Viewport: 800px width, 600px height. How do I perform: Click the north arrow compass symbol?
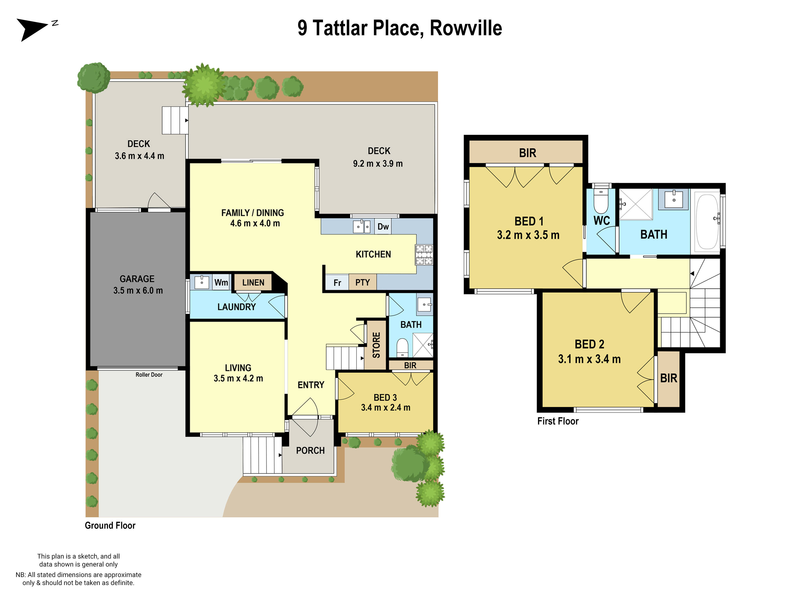33,29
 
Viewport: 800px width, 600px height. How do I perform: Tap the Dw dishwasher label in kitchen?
383,227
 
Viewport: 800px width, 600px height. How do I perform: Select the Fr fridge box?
337,282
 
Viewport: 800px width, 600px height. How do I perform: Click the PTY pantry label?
362,282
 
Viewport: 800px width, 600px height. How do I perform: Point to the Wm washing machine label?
221,282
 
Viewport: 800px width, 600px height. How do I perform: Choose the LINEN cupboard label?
253,282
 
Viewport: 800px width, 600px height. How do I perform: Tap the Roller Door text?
149,375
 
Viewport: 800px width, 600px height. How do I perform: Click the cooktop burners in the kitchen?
424,254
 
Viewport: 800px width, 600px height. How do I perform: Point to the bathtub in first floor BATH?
707,222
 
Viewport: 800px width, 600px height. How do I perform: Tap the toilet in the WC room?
601,202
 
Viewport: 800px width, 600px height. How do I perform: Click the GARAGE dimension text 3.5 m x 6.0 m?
138,290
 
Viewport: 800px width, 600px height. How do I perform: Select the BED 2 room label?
589,344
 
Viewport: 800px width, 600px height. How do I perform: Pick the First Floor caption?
558,421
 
